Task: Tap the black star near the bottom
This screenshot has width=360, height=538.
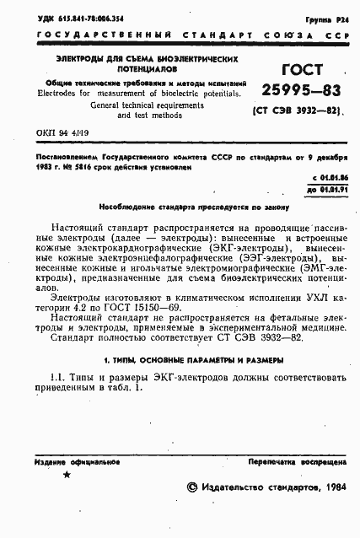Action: point(67,477)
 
